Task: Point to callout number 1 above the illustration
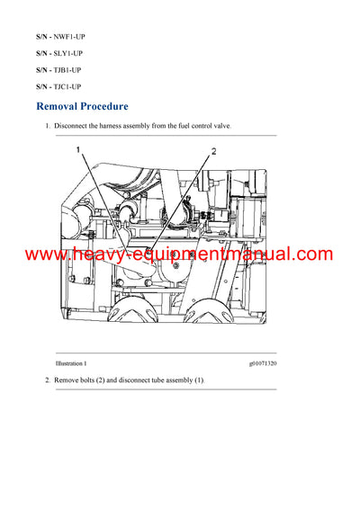(78, 149)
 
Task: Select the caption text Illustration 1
(71, 363)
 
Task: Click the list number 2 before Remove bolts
(48, 380)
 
